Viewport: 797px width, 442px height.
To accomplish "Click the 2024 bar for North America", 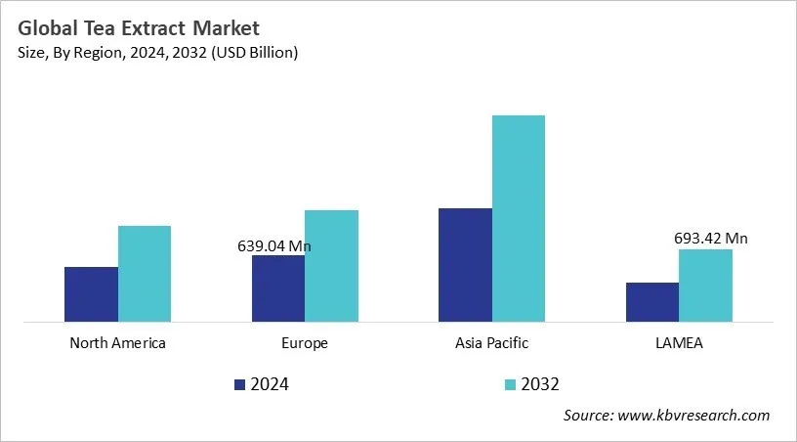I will (91, 293).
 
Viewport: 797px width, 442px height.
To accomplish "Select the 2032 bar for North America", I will (145, 273).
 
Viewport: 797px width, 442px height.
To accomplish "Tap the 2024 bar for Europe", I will (278, 287).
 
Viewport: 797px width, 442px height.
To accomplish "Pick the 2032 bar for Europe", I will (331, 265).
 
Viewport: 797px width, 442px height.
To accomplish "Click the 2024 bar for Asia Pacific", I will (465, 264).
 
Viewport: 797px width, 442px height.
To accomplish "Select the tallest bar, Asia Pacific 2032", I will (519, 218).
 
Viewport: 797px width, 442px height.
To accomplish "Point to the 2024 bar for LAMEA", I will (651, 301).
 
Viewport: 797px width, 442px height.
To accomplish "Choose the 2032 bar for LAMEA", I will (705, 285).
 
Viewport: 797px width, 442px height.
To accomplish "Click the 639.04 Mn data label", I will (273, 246).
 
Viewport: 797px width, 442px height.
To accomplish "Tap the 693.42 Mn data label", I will (710, 238).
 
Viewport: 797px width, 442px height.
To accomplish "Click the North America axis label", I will (117, 343).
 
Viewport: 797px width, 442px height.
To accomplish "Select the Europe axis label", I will (304, 343).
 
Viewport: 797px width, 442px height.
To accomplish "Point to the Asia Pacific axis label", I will (491, 343).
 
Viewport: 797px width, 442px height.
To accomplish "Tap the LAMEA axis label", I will (678, 343).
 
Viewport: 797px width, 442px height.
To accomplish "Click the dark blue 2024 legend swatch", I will (240, 384).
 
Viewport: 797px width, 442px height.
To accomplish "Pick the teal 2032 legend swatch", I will (510, 384).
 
